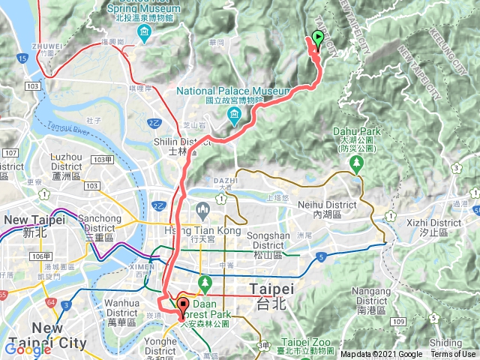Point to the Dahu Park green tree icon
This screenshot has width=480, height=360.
[358, 160]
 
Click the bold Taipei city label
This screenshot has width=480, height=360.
[268, 289]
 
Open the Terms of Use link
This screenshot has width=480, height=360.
[452, 354]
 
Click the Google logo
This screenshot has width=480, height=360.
[28, 348]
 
